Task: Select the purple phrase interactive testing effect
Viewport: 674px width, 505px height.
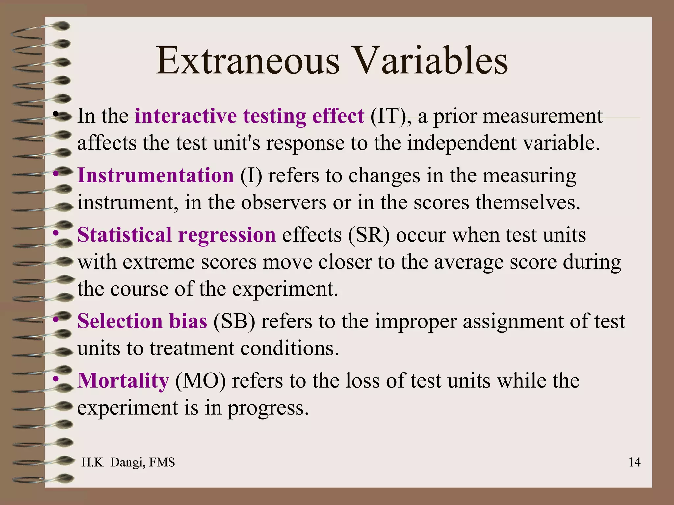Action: (249, 116)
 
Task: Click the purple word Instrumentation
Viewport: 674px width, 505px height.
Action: (155, 175)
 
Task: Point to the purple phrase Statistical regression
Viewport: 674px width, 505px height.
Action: (176, 235)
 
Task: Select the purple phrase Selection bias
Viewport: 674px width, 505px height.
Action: (142, 321)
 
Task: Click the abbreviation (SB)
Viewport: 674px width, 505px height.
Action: (234, 322)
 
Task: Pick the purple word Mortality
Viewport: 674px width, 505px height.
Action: (123, 381)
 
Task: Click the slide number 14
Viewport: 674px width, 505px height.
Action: (634, 462)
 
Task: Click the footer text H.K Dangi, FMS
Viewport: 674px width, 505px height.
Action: (128, 462)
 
